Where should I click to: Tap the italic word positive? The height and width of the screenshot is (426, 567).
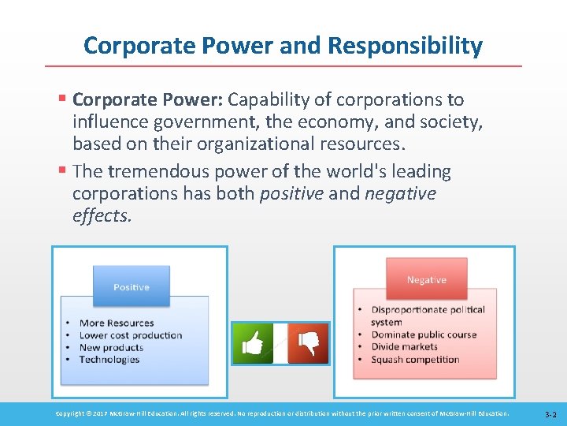tap(291, 194)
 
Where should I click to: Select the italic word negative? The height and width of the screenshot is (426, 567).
tap(400, 194)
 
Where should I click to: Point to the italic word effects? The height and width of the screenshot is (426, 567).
tap(102, 216)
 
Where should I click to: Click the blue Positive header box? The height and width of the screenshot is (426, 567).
tap(131, 286)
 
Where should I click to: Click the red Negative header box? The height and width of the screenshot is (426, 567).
tap(426, 280)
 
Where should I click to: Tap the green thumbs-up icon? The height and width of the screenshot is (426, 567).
tap(252, 343)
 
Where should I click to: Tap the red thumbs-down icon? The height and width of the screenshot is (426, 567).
tap(308, 343)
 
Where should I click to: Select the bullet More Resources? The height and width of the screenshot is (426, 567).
tap(117, 323)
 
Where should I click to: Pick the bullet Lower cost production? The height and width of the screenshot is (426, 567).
tap(130, 335)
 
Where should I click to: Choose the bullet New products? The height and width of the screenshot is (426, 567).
tap(111, 347)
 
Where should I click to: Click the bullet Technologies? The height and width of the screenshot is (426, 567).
tap(109, 360)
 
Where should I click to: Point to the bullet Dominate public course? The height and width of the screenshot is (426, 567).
tap(424, 334)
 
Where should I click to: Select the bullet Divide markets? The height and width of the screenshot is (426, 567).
tap(405, 347)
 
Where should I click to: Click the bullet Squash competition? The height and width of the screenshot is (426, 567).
tap(415, 360)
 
